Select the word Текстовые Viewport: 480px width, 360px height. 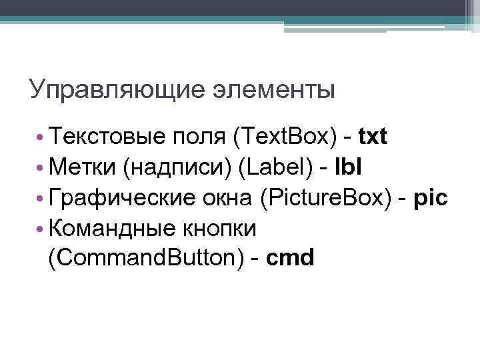pos(107,137)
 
